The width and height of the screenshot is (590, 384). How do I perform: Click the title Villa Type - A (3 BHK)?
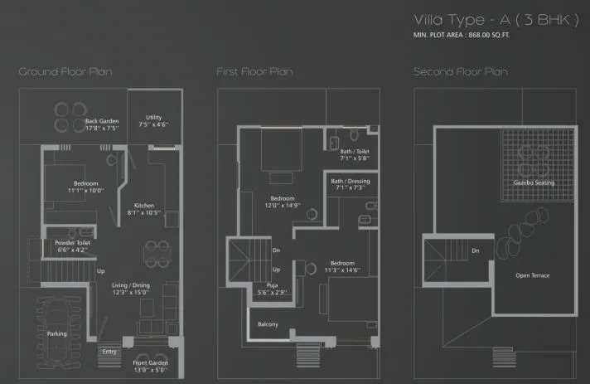pyautogui.click(x=494, y=21)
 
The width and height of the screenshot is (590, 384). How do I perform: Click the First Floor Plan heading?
pyautogui.click(x=254, y=72)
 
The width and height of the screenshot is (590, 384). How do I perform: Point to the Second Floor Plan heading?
pyautogui.click(x=460, y=72)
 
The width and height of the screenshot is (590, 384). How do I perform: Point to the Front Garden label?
pyautogui.click(x=149, y=366)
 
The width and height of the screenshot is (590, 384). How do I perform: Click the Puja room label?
pyautogui.click(x=271, y=289)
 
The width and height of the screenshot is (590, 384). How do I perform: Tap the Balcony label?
pyautogui.click(x=268, y=323)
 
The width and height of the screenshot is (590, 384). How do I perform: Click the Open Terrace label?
pyautogui.click(x=532, y=275)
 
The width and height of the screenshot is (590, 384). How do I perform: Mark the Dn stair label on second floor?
pyautogui.click(x=475, y=250)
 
